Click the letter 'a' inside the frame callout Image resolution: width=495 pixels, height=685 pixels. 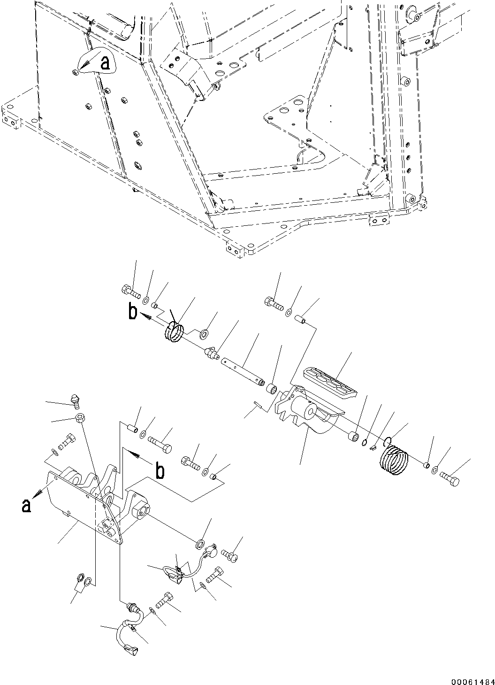point(106,63)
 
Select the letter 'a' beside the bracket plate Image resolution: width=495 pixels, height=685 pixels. point(26,505)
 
